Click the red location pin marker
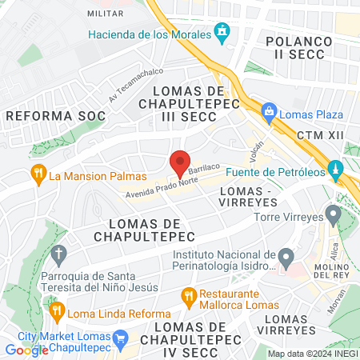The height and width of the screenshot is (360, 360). pyautogui.click(x=180, y=164)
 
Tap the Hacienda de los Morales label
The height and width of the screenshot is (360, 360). pyautogui.click(x=149, y=33)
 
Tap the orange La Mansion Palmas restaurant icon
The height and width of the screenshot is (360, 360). pyautogui.click(x=37, y=174)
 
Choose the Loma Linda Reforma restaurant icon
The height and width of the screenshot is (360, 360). pyautogui.click(x=56, y=310)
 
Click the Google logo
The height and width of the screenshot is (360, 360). pyautogui.click(x=26, y=350)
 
